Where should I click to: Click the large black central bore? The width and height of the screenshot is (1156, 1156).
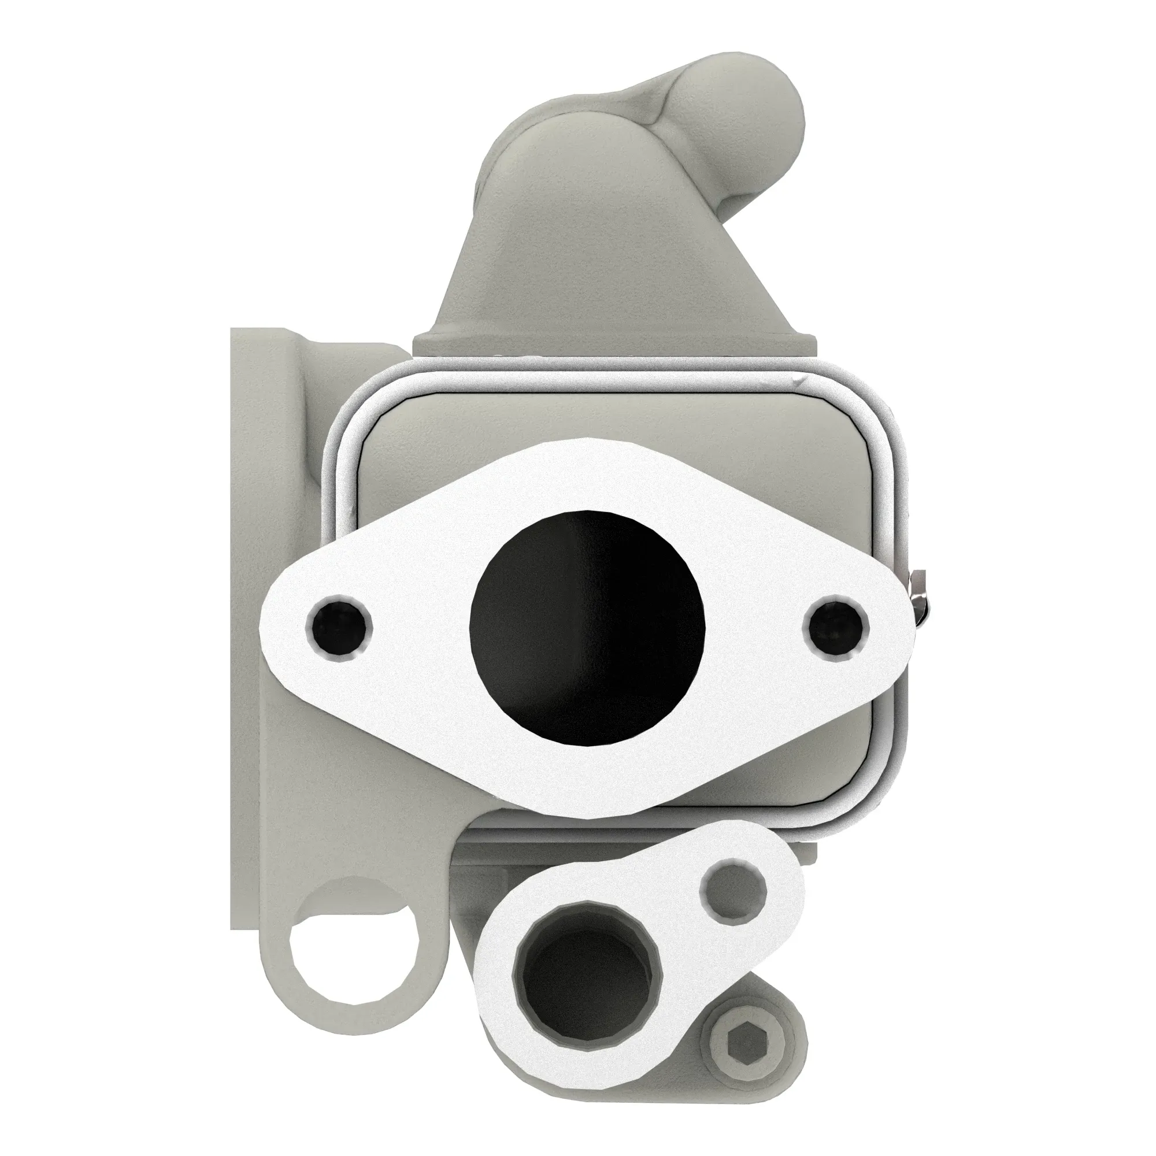[x=588, y=628]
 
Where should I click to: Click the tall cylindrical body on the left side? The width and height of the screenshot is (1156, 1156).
[x=263, y=598]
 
